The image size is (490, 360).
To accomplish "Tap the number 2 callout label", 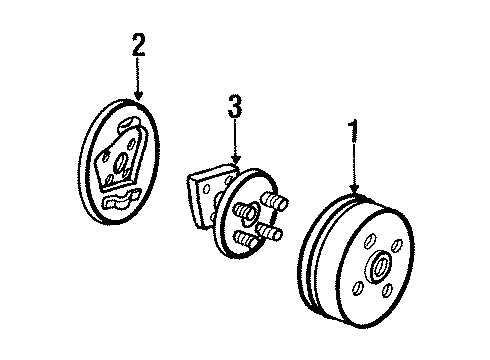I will (139, 43).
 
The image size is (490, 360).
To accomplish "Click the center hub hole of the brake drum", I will (379, 268).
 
